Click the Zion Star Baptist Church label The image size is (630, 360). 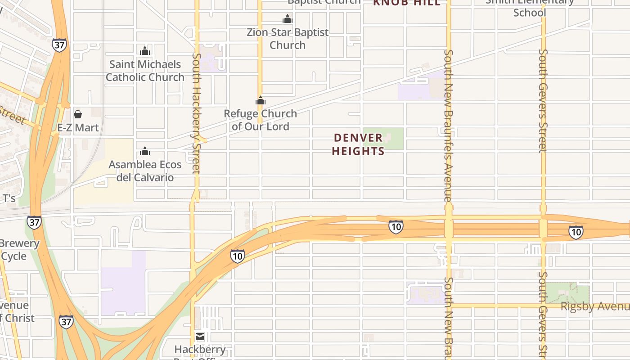coord(288,39)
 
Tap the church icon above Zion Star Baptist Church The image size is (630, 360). coord(288,19)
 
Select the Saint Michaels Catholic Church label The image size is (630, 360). coord(145,71)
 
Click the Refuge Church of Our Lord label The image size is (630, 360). coord(261,120)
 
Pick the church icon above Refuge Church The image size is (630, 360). coord(261,100)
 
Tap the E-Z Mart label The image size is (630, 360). coord(78,128)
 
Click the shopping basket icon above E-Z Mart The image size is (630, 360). coord(78,114)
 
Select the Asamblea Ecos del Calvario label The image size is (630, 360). coord(145,171)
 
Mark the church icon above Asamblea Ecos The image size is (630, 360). coord(145,151)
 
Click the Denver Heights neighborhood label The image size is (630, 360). coord(358,144)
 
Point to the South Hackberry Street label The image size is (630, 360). coord(196,113)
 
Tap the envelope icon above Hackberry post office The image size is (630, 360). coord(200,337)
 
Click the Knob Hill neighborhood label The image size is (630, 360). coord(407,3)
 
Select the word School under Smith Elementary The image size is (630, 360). coord(530,13)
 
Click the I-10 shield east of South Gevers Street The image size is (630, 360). coord(576,232)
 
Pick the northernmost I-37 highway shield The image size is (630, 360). coord(59,45)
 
